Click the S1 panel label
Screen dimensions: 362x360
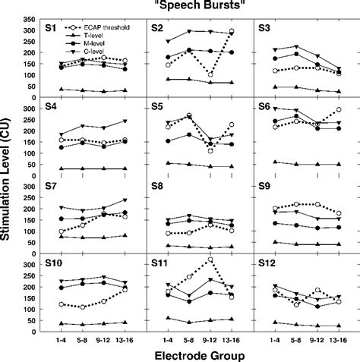point(50,28)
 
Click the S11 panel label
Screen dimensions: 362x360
point(159,263)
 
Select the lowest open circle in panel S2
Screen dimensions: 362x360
point(210,75)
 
